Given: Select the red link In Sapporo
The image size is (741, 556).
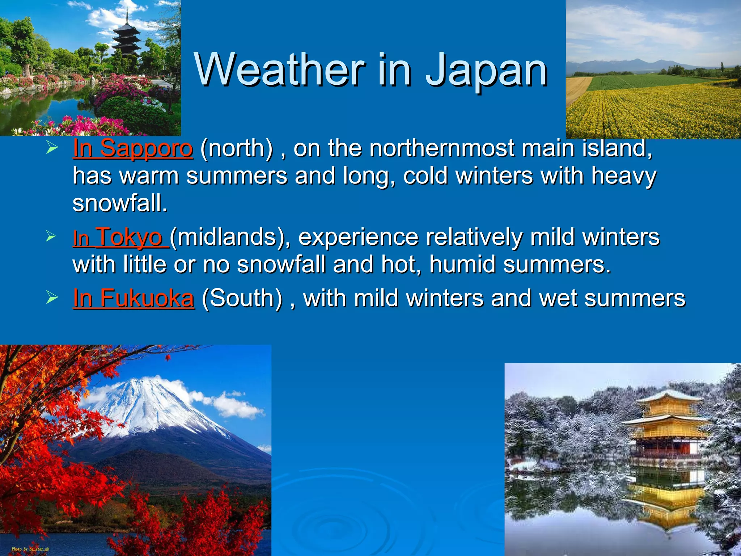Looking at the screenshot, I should point(133,148).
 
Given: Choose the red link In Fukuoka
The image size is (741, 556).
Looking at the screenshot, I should point(134,298).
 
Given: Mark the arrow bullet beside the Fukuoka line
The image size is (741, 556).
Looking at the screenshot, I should point(52,298).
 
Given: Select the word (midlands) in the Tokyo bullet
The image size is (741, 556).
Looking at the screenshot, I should point(230,237).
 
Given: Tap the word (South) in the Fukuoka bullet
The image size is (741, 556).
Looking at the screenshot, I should point(242,298).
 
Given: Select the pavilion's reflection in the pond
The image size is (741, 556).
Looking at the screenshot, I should point(666,500).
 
